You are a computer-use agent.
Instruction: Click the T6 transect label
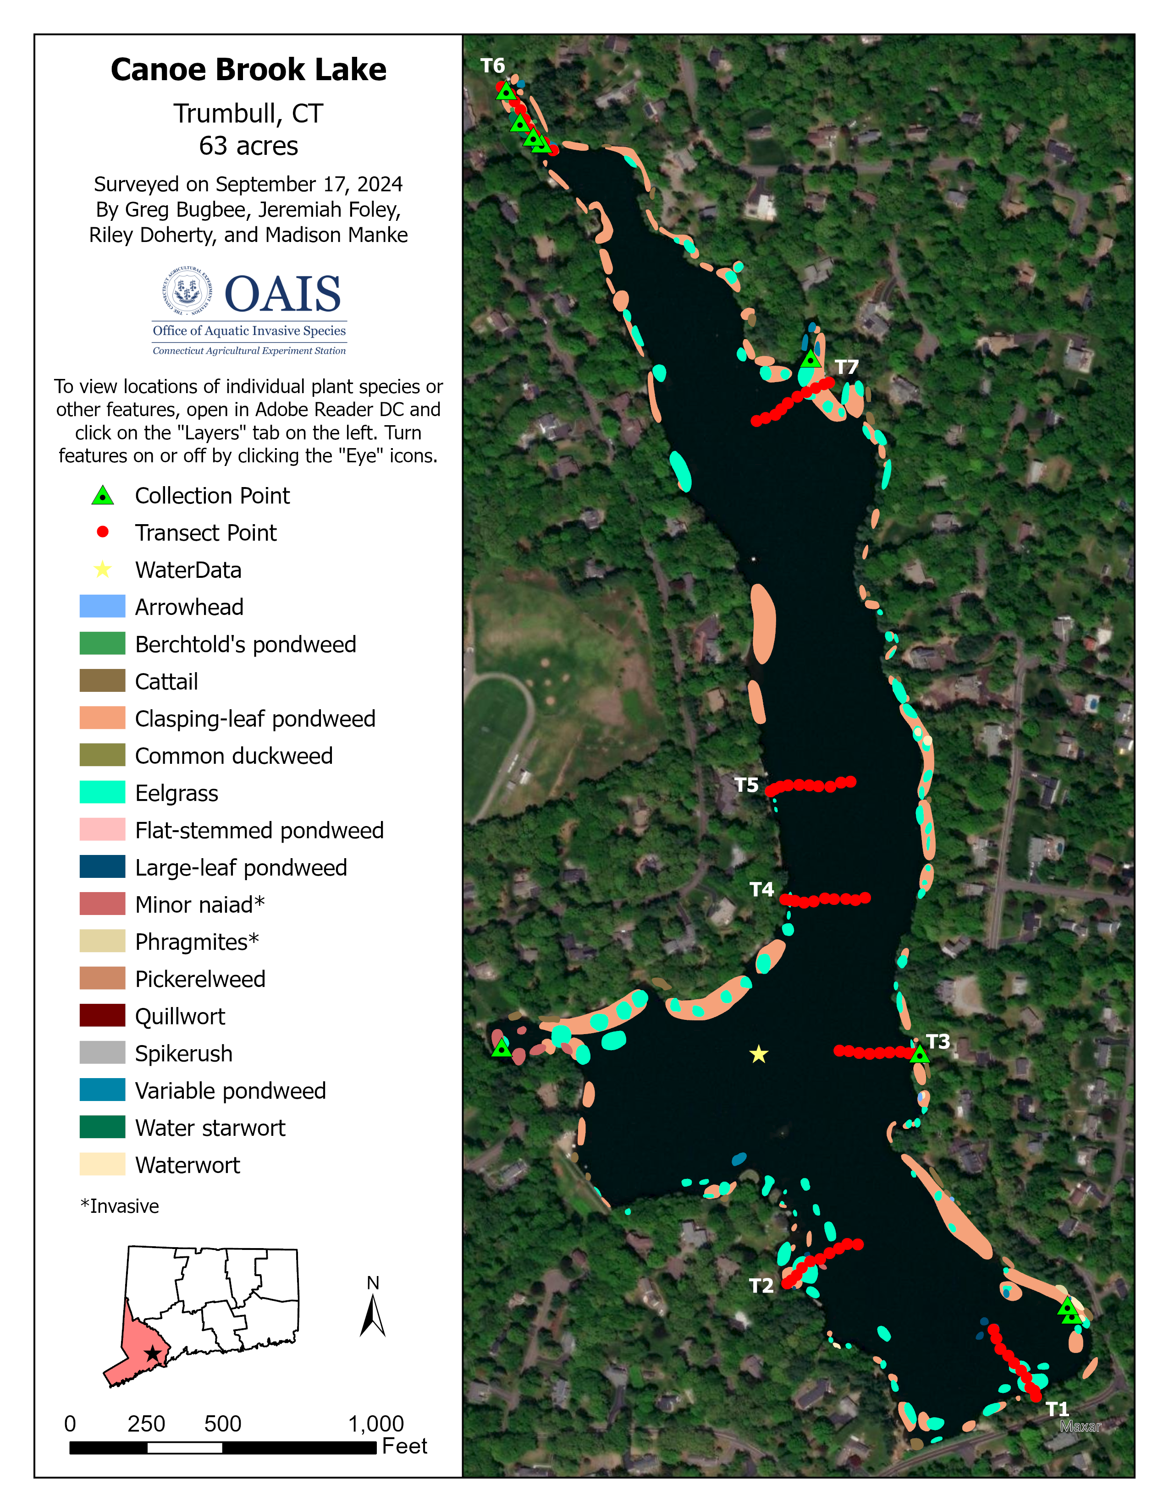[492, 66]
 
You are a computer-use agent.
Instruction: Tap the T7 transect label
[846, 367]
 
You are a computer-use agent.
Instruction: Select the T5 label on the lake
[746, 785]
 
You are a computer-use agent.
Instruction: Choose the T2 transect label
[761, 1286]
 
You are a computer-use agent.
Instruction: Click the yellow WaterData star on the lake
[759, 1054]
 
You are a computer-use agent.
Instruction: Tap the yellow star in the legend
[103, 570]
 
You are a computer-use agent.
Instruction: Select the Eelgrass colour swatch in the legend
[103, 793]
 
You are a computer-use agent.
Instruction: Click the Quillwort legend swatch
[103, 1016]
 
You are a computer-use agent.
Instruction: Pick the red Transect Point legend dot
[103, 531]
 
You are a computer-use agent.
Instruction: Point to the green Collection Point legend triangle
[103, 496]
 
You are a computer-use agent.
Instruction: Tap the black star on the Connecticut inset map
[152, 1353]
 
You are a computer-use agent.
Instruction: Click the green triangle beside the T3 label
[919, 1054]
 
